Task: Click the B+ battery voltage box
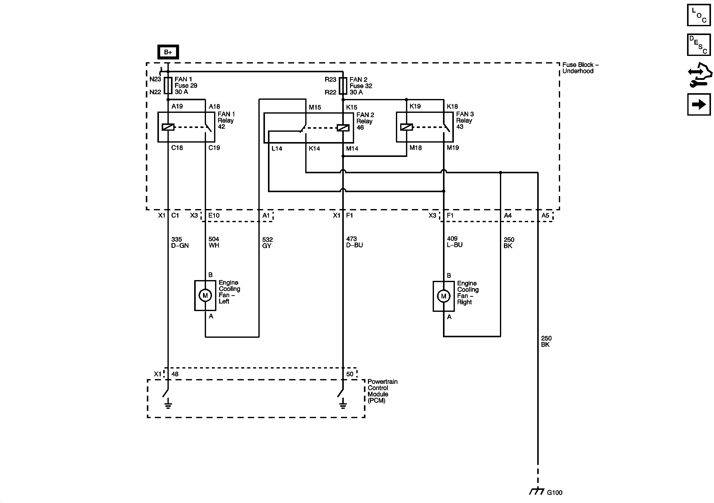click(x=168, y=52)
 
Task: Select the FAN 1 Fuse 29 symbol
click(x=168, y=86)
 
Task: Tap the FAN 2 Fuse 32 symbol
click(x=343, y=86)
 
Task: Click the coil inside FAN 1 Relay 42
click(x=168, y=127)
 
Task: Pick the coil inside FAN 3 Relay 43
click(x=406, y=127)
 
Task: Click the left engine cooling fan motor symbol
click(x=205, y=295)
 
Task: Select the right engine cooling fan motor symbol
click(x=444, y=296)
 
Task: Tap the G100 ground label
click(x=555, y=492)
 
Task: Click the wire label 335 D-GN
click(x=180, y=242)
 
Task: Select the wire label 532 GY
click(x=267, y=243)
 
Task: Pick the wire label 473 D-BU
click(x=355, y=242)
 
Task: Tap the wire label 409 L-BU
click(x=455, y=242)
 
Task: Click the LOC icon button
click(x=699, y=15)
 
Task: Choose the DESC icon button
click(x=699, y=45)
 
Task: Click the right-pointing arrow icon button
click(x=699, y=104)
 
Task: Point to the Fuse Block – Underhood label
click(x=580, y=68)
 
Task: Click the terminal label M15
click(x=315, y=107)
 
